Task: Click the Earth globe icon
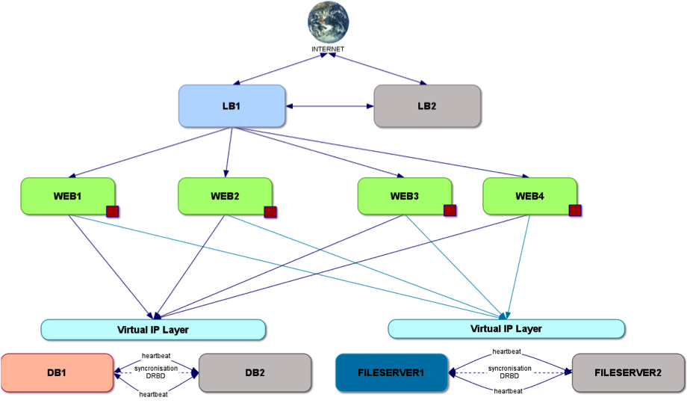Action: [x=329, y=22]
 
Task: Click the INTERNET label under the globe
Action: [x=329, y=49]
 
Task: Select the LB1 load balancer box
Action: [x=231, y=105]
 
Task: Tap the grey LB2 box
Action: [x=426, y=105]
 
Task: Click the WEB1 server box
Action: [x=68, y=196]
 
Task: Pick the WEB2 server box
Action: [x=225, y=196]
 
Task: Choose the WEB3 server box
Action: [x=404, y=196]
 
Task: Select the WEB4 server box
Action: [x=529, y=196]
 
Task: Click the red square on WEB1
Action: [x=113, y=211]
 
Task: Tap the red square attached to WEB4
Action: [x=575, y=210]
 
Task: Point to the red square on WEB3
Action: [x=450, y=210]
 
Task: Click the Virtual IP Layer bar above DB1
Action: [x=153, y=329]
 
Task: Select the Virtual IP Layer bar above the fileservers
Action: [x=506, y=328]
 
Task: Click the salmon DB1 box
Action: [x=57, y=373]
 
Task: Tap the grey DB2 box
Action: [x=255, y=373]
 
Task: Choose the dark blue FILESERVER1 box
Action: [x=391, y=372]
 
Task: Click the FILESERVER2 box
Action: [x=628, y=372]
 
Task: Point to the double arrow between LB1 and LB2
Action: [x=329, y=106]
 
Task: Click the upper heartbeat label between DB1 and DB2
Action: [x=154, y=356]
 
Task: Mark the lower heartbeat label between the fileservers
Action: [x=508, y=391]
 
